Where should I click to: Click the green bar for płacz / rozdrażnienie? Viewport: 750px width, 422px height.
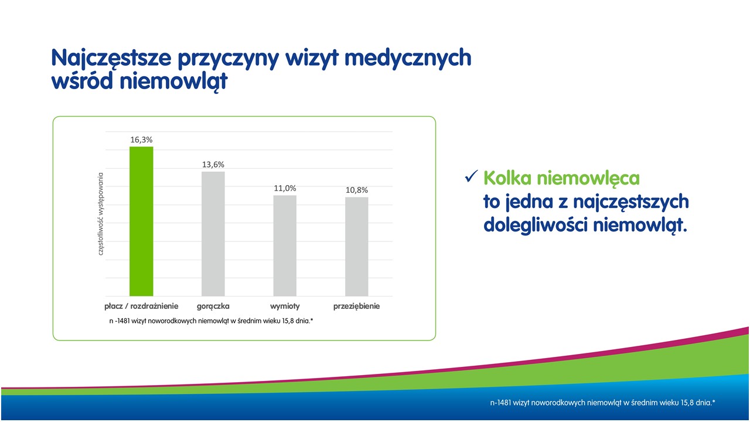(x=141, y=222)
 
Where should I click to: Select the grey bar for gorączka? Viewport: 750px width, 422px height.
(x=213, y=234)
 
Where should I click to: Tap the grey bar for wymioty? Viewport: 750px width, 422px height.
(x=285, y=246)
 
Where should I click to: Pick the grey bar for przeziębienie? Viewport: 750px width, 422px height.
(x=357, y=247)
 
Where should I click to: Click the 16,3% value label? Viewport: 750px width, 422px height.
(x=141, y=139)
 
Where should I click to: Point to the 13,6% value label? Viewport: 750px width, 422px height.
(x=213, y=165)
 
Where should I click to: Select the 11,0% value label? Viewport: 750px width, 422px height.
(x=285, y=188)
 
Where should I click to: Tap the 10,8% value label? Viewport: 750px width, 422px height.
(x=357, y=190)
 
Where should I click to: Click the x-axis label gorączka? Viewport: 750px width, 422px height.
(x=213, y=306)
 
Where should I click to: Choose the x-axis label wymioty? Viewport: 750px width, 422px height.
(x=285, y=306)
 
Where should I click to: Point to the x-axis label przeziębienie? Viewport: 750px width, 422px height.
(x=357, y=306)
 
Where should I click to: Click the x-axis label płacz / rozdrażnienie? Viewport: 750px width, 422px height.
(x=141, y=306)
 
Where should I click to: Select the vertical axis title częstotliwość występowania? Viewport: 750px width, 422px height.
(x=100, y=214)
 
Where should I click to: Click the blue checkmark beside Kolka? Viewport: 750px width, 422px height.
(x=471, y=176)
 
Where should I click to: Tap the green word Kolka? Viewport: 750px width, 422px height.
(x=507, y=178)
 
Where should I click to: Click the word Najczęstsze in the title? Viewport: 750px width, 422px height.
(x=111, y=58)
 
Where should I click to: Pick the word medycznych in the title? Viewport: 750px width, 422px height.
(x=408, y=58)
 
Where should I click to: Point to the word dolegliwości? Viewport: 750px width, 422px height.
(x=536, y=224)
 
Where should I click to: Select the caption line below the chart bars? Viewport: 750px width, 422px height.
(x=212, y=321)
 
